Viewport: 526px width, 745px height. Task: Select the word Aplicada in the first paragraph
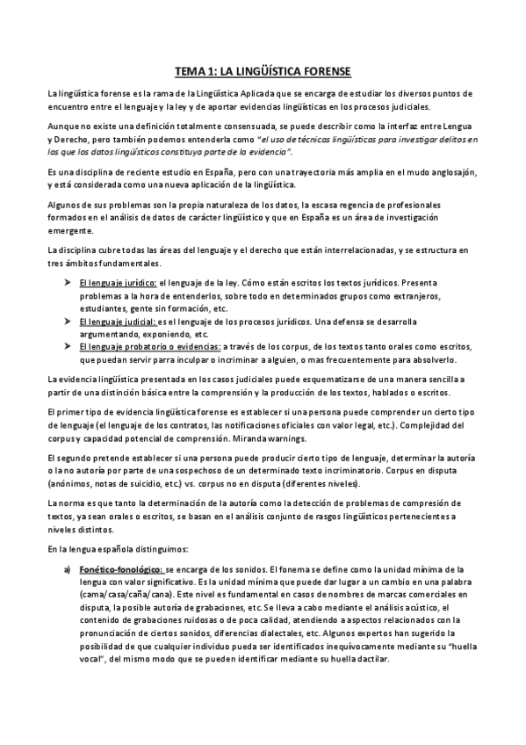pos(281,92)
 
